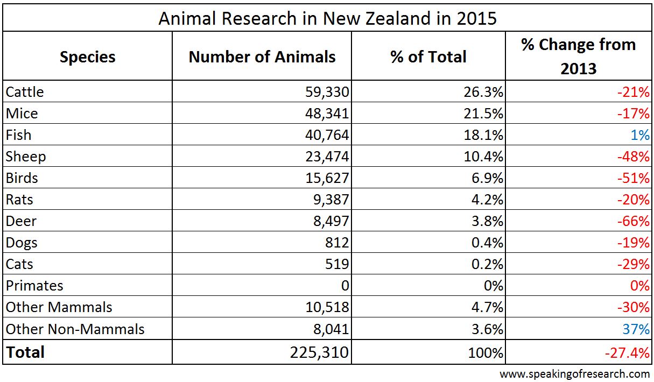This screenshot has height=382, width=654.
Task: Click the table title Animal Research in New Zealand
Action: tap(327, 18)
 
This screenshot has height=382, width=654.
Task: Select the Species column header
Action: tap(87, 57)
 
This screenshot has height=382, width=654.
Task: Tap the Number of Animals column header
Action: tap(262, 57)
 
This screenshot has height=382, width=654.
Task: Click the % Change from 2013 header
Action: tap(579, 56)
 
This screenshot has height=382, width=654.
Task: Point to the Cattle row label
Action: tap(25, 92)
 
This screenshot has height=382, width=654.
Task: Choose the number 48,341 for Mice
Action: tap(327, 114)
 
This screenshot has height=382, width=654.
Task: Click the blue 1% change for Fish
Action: tap(640, 135)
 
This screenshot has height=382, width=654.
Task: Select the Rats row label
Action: tap(19, 200)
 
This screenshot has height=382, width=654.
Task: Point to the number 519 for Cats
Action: tap(337, 264)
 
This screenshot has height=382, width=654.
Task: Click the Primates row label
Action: tap(34, 286)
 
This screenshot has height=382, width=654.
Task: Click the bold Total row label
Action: tap(25, 352)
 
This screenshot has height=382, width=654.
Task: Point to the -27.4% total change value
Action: tap(627, 353)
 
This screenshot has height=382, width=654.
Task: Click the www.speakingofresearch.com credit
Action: tap(574, 373)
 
